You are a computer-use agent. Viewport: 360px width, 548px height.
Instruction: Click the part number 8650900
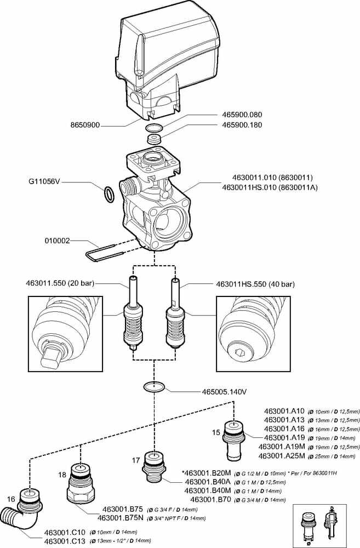click(x=85, y=125)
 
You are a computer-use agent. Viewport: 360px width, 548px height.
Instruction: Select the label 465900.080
click(x=242, y=116)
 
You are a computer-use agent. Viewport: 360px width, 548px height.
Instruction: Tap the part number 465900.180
click(x=242, y=125)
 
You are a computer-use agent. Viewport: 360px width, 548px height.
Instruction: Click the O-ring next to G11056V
click(x=110, y=193)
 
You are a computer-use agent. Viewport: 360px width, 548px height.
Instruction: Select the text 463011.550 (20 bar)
click(x=60, y=283)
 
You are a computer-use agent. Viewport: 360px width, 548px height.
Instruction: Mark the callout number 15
click(x=216, y=432)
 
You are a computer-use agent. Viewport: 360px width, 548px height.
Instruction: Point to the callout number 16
click(x=10, y=499)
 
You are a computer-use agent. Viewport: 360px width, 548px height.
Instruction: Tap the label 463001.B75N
click(x=120, y=517)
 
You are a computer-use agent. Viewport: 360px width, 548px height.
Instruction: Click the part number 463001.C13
click(x=64, y=540)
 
